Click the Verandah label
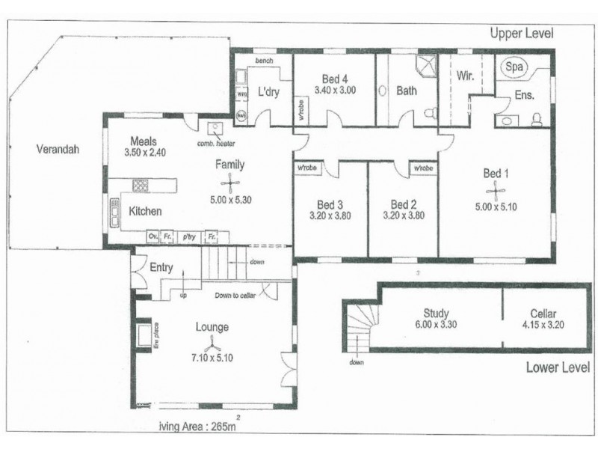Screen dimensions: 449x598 point(57,149)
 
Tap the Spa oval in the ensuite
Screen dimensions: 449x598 point(514,67)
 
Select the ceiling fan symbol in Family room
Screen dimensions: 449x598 point(229,183)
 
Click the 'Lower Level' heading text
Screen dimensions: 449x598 point(558,367)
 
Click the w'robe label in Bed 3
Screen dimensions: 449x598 point(306,168)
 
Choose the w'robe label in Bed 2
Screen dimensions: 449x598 point(422,168)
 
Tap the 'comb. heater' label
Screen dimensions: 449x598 point(216,142)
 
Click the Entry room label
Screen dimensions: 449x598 point(161,267)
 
